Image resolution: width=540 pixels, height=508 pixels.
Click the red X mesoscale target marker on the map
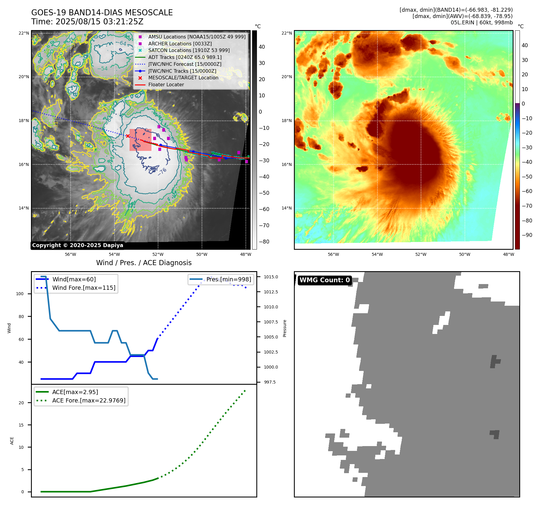tap(128, 136)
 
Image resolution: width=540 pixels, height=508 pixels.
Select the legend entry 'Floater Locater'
tap(166, 85)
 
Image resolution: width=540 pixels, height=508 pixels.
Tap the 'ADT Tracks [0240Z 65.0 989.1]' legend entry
tap(185, 57)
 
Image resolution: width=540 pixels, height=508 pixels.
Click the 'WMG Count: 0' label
tap(325, 280)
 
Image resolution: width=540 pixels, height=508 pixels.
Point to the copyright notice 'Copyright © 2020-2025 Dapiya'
tap(78, 245)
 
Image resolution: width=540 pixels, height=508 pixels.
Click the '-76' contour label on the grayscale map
tap(162, 172)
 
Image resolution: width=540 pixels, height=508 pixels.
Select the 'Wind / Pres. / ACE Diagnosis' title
tap(144, 263)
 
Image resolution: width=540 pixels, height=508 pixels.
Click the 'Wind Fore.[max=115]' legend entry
tap(84, 288)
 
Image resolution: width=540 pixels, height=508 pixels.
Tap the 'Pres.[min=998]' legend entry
tap(228, 279)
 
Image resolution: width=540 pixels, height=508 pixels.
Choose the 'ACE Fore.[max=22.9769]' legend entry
tap(89, 400)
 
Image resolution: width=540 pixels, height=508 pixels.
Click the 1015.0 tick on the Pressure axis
tap(271, 277)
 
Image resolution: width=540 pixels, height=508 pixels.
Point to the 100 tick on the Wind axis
tap(20, 294)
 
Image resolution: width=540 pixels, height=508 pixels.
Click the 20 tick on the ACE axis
tap(21, 403)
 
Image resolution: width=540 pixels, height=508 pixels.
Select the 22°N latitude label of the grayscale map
tap(24, 33)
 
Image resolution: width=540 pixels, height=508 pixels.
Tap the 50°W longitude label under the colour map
tap(465, 254)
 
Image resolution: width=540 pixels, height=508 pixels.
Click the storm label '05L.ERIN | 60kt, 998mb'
tap(481, 23)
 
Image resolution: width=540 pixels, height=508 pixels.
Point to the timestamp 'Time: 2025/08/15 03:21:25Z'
tap(87, 22)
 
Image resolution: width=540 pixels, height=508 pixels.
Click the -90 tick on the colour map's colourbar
tap(527, 235)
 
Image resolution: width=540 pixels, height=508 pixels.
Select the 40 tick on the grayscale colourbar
tap(262, 47)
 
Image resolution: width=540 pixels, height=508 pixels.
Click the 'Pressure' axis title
tap(285, 328)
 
